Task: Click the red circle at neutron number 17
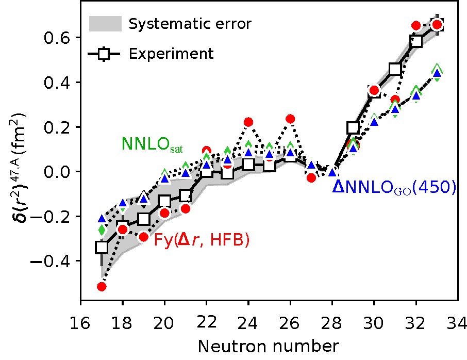point(102,286)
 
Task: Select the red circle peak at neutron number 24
point(248,122)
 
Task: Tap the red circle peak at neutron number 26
point(290,119)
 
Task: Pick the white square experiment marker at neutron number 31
point(395,69)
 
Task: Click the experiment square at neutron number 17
point(102,247)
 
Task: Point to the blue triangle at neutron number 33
point(437,74)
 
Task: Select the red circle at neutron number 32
point(416,25)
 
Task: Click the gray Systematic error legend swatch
point(105,24)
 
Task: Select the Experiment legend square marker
point(105,53)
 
